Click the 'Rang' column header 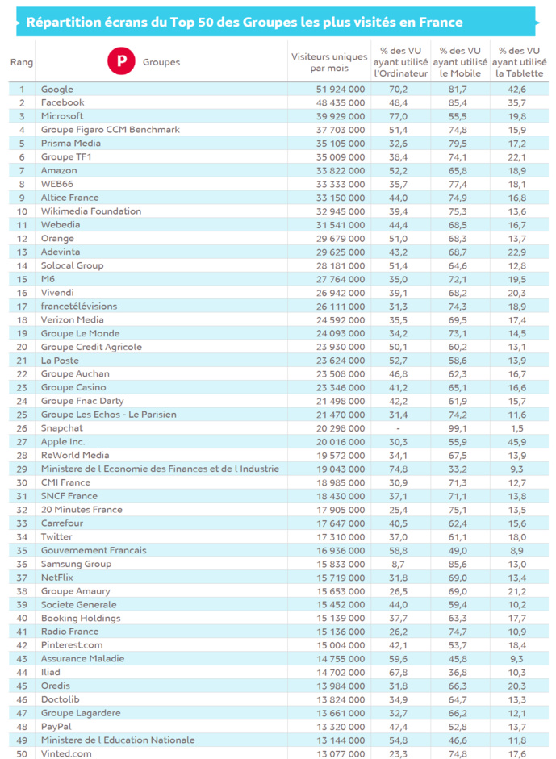[21, 62]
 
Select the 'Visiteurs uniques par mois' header [328, 62]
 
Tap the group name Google [57, 90]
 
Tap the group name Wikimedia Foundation [91, 211]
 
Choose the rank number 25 [23, 415]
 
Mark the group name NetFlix [58, 578]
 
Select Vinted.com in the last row [66, 753]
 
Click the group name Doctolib [61, 699]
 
